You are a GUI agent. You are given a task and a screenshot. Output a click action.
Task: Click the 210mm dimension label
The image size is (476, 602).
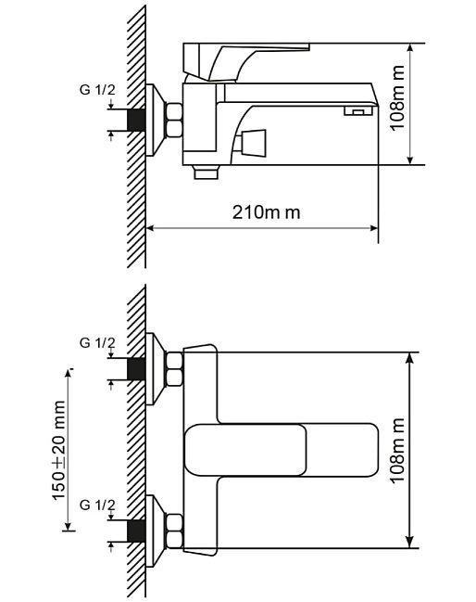click(x=267, y=211)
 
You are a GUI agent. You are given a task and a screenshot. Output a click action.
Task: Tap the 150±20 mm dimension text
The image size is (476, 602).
click(x=58, y=451)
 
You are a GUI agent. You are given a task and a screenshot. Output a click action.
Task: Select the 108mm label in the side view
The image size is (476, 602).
click(x=397, y=98)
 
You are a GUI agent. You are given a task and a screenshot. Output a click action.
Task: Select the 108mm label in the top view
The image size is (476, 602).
click(x=397, y=451)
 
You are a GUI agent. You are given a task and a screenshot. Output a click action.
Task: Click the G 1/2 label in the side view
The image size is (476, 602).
click(x=97, y=90)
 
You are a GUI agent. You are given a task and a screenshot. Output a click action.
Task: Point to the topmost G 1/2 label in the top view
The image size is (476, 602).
click(x=97, y=343)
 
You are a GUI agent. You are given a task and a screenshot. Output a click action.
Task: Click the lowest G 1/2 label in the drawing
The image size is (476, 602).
click(x=97, y=506)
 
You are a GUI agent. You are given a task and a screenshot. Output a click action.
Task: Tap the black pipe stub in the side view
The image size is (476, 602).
click(x=136, y=121)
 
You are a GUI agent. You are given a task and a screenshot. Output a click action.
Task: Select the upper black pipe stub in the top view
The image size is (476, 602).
click(x=136, y=369)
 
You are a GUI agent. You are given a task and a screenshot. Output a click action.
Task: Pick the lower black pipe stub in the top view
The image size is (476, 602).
click(x=136, y=532)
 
